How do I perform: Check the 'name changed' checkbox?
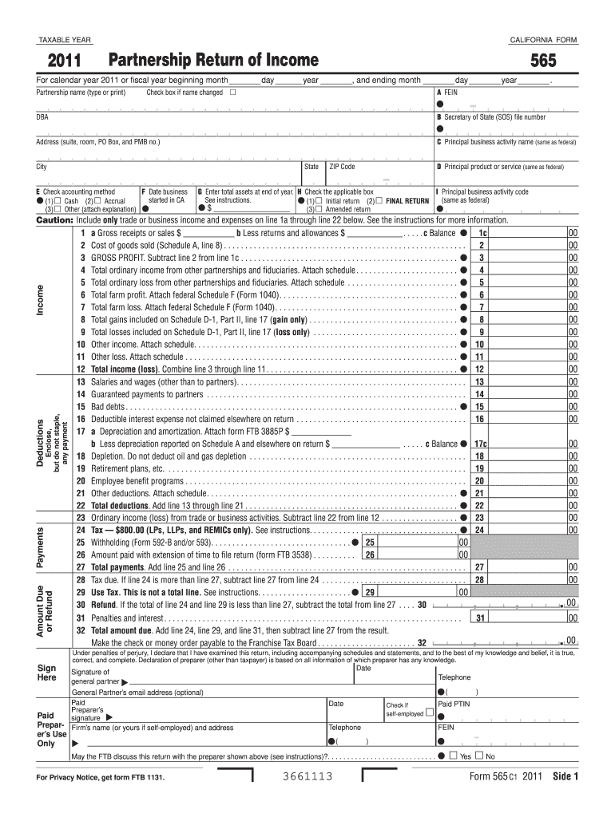pos(233,93)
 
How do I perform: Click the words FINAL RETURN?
pos(407,201)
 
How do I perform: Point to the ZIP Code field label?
pos(342,167)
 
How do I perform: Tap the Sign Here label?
pos(47,672)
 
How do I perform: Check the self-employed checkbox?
pos(430,713)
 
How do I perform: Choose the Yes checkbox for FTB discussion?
pos(452,756)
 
